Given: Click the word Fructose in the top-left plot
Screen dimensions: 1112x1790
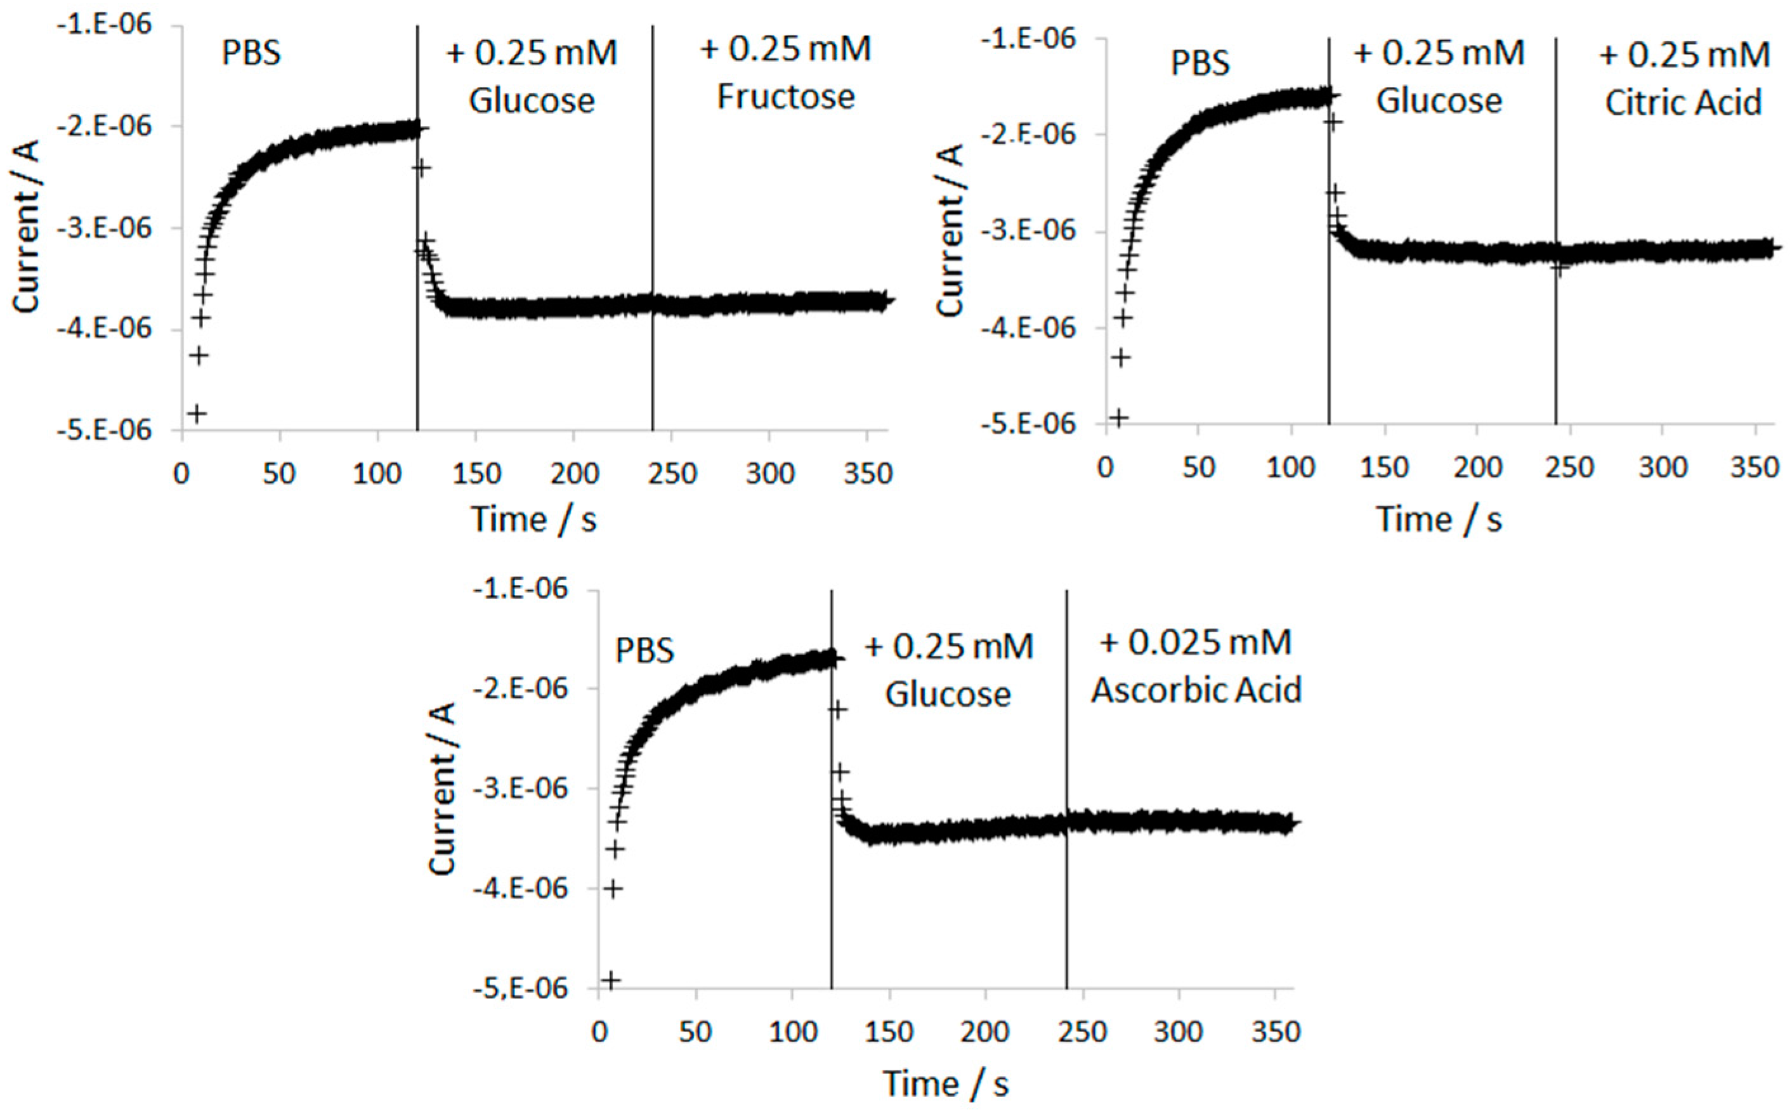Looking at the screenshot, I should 785,97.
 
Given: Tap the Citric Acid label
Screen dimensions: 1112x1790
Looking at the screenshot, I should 1683,102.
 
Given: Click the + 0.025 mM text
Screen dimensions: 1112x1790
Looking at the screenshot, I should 1195,642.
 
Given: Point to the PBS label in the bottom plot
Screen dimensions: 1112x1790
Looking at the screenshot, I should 644,651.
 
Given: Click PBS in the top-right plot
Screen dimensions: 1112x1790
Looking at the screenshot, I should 1199,63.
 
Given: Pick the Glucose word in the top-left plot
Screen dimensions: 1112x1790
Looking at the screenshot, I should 532,101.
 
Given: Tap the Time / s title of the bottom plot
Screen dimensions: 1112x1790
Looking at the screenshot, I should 946,1083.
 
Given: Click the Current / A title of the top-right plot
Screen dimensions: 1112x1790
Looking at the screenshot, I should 950,230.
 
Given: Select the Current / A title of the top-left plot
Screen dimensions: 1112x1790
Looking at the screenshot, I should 27,226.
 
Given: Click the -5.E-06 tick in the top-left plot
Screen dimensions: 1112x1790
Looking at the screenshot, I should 115,429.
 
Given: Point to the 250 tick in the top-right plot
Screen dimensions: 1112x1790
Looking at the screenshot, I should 1569,468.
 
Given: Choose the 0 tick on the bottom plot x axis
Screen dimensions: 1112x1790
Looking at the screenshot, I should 599,1033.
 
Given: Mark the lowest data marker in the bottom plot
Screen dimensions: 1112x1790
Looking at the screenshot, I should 612,979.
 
